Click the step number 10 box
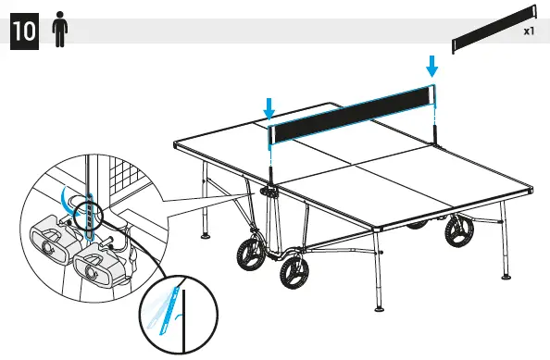[x=24, y=31]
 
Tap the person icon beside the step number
[x=60, y=31]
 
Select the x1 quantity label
[x=529, y=31]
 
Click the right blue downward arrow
[x=431, y=67]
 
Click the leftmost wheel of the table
[x=245, y=253]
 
